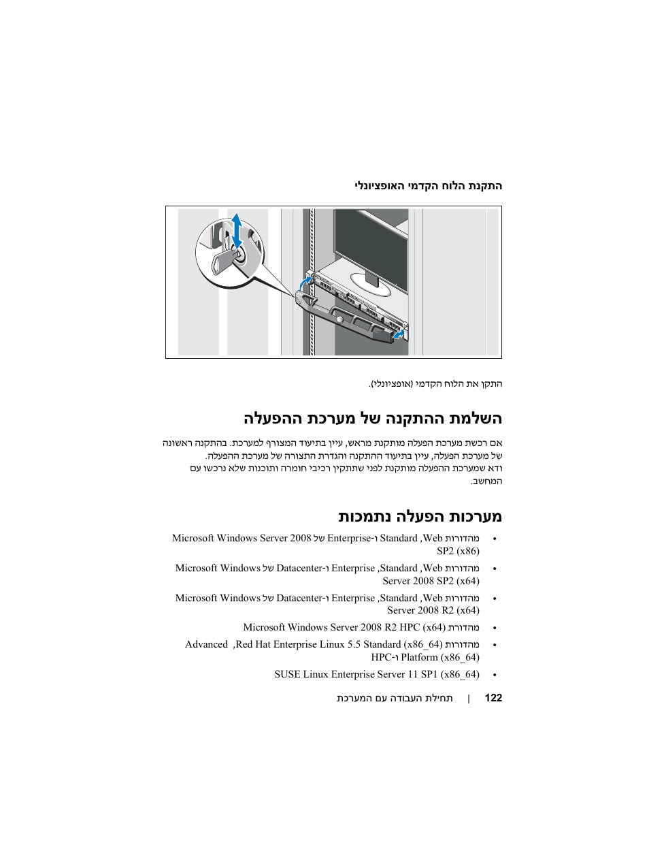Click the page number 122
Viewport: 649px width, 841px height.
pos(493,698)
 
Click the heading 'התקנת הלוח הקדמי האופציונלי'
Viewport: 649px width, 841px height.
pos(429,186)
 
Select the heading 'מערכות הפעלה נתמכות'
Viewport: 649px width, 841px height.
pos(420,516)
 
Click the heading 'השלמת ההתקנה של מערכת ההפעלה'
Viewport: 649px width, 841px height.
pos(373,418)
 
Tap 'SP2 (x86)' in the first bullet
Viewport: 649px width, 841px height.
pos(458,551)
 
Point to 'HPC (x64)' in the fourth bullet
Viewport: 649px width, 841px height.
pos(422,627)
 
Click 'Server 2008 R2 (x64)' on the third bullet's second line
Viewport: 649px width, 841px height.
pos(433,610)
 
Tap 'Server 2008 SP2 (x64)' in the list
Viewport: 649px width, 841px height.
pos(431,581)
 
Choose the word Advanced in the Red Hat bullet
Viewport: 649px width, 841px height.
pos(206,644)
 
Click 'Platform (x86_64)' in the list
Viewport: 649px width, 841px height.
pos(440,657)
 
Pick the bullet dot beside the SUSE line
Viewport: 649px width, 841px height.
pos(495,675)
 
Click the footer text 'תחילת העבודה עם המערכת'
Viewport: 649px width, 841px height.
pos(395,698)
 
